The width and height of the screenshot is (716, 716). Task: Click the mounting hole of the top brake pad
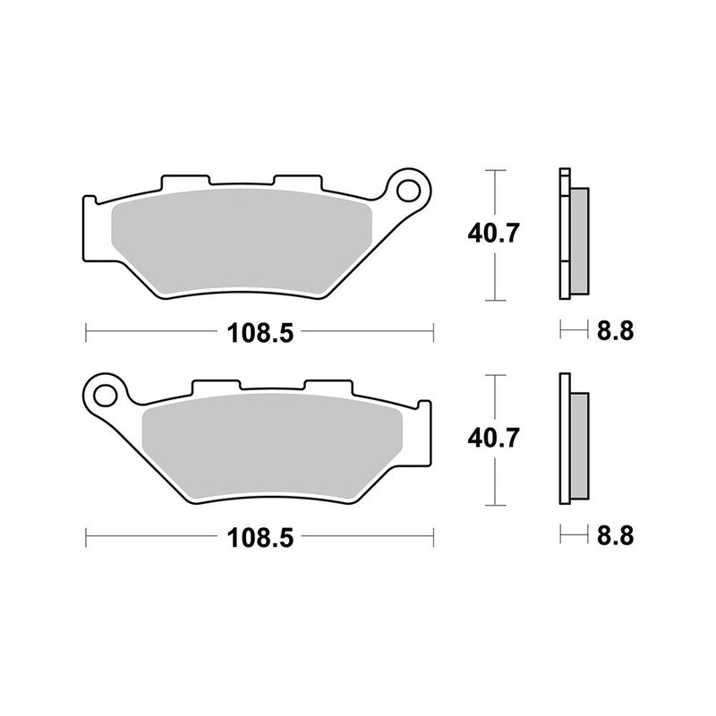pyautogui.click(x=410, y=190)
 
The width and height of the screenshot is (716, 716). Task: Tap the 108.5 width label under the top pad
pyautogui.click(x=260, y=333)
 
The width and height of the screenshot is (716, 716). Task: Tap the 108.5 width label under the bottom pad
pyautogui.click(x=260, y=539)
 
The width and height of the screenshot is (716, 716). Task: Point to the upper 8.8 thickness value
pyautogui.click(x=615, y=331)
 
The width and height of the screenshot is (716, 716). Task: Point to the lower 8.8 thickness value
pyautogui.click(x=615, y=537)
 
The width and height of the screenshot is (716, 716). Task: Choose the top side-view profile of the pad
pyautogui.click(x=573, y=234)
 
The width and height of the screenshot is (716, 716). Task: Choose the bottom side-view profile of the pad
pyautogui.click(x=573, y=439)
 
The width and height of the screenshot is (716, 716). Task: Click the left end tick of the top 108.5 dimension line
pyautogui.click(x=85, y=333)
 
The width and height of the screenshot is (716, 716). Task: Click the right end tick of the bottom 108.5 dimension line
pyautogui.click(x=433, y=539)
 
